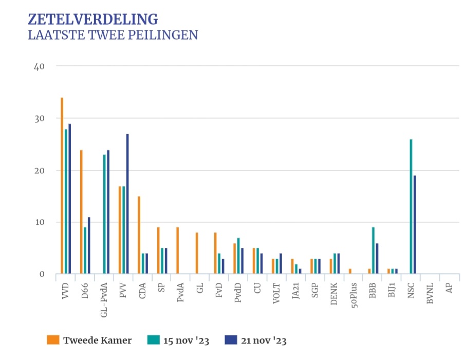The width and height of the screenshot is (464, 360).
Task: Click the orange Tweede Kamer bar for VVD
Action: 62,186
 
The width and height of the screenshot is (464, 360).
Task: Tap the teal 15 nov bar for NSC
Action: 411,206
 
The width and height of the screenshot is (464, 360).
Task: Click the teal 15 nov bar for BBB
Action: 373,250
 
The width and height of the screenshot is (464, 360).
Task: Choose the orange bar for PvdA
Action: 177,250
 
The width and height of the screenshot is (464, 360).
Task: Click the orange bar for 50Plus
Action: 350,271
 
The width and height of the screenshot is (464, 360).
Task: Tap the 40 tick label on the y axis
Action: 40,66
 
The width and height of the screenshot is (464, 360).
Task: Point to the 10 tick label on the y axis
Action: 40,222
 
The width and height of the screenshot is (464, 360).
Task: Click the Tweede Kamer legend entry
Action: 97,340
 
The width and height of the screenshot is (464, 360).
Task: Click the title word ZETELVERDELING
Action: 92,20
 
